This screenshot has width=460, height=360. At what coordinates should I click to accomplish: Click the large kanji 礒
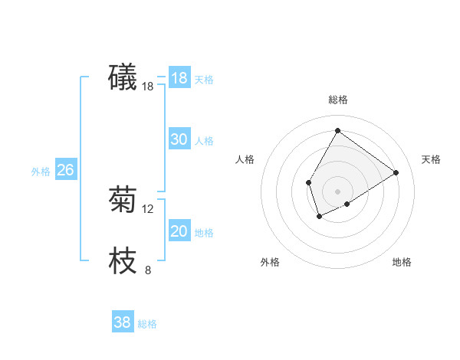click(123, 77)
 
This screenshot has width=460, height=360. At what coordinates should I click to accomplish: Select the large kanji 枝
click(123, 261)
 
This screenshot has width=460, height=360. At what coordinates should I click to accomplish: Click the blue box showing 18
click(179, 78)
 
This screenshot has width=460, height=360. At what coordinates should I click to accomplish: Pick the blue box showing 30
click(179, 139)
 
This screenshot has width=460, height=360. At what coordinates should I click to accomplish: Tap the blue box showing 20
click(179, 231)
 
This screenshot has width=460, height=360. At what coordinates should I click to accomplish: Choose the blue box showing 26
click(65, 170)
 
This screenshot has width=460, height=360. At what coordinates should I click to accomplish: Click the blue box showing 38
click(122, 322)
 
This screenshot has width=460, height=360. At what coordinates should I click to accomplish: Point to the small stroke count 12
click(148, 208)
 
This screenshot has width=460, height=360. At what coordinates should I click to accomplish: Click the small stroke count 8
click(148, 270)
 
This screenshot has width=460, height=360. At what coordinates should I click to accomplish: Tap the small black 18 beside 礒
click(148, 87)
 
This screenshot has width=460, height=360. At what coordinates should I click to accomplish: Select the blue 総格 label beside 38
click(147, 324)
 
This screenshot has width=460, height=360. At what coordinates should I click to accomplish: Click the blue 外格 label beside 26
click(41, 172)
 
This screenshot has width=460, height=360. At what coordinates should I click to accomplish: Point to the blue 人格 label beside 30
click(204, 141)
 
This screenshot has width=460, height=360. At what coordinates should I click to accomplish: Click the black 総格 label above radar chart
click(337, 100)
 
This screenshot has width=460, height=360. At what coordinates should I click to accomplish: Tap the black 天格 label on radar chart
click(432, 159)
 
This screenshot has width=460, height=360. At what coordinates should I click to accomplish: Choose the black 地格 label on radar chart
click(402, 262)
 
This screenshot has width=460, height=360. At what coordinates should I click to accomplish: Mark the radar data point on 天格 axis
click(396, 172)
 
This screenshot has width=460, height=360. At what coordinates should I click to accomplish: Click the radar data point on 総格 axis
click(337, 130)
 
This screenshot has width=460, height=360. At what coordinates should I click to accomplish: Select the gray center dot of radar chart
click(337, 191)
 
